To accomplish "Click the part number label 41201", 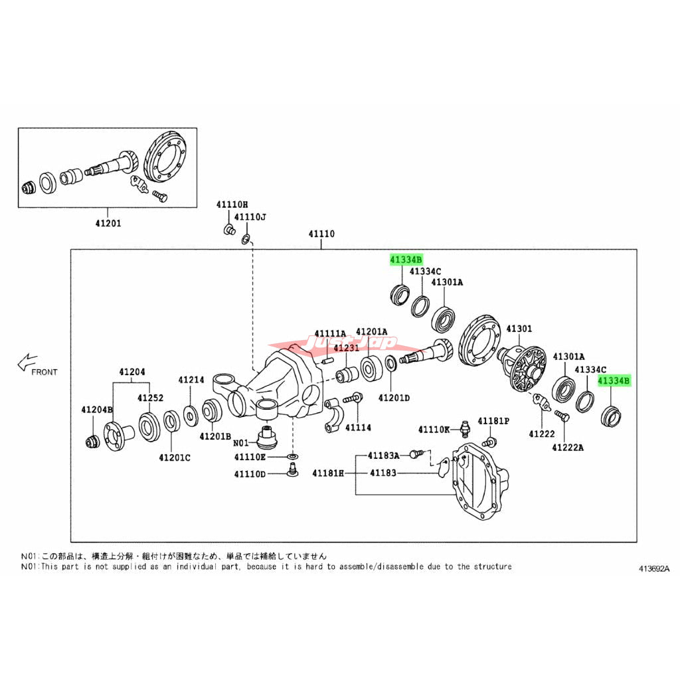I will click(x=107, y=224).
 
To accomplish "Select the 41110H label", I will click(x=231, y=205).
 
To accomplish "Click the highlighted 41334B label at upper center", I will click(x=406, y=260).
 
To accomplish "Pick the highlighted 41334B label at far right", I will click(x=614, y=381).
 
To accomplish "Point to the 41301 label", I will click(x=519, y=329).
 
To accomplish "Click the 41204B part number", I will click(x=98, y=410).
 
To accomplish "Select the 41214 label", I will click(x=191, y=380).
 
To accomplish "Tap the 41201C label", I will click(x=175, y=458).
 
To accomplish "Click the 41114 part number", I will click(x=359, y=428).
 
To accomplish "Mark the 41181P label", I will click(x=495, y=421).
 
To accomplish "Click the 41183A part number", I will click(x=384, y=455).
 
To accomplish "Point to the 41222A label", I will click(x=567, y=448).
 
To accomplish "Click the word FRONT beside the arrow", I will click(x=44, y=372).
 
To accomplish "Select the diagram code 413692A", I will click(x=654, y=569).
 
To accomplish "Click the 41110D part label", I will click(x=250, y=473).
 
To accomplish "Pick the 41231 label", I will click(x=346, y=348).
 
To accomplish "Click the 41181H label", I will click(x=329, y=473).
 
